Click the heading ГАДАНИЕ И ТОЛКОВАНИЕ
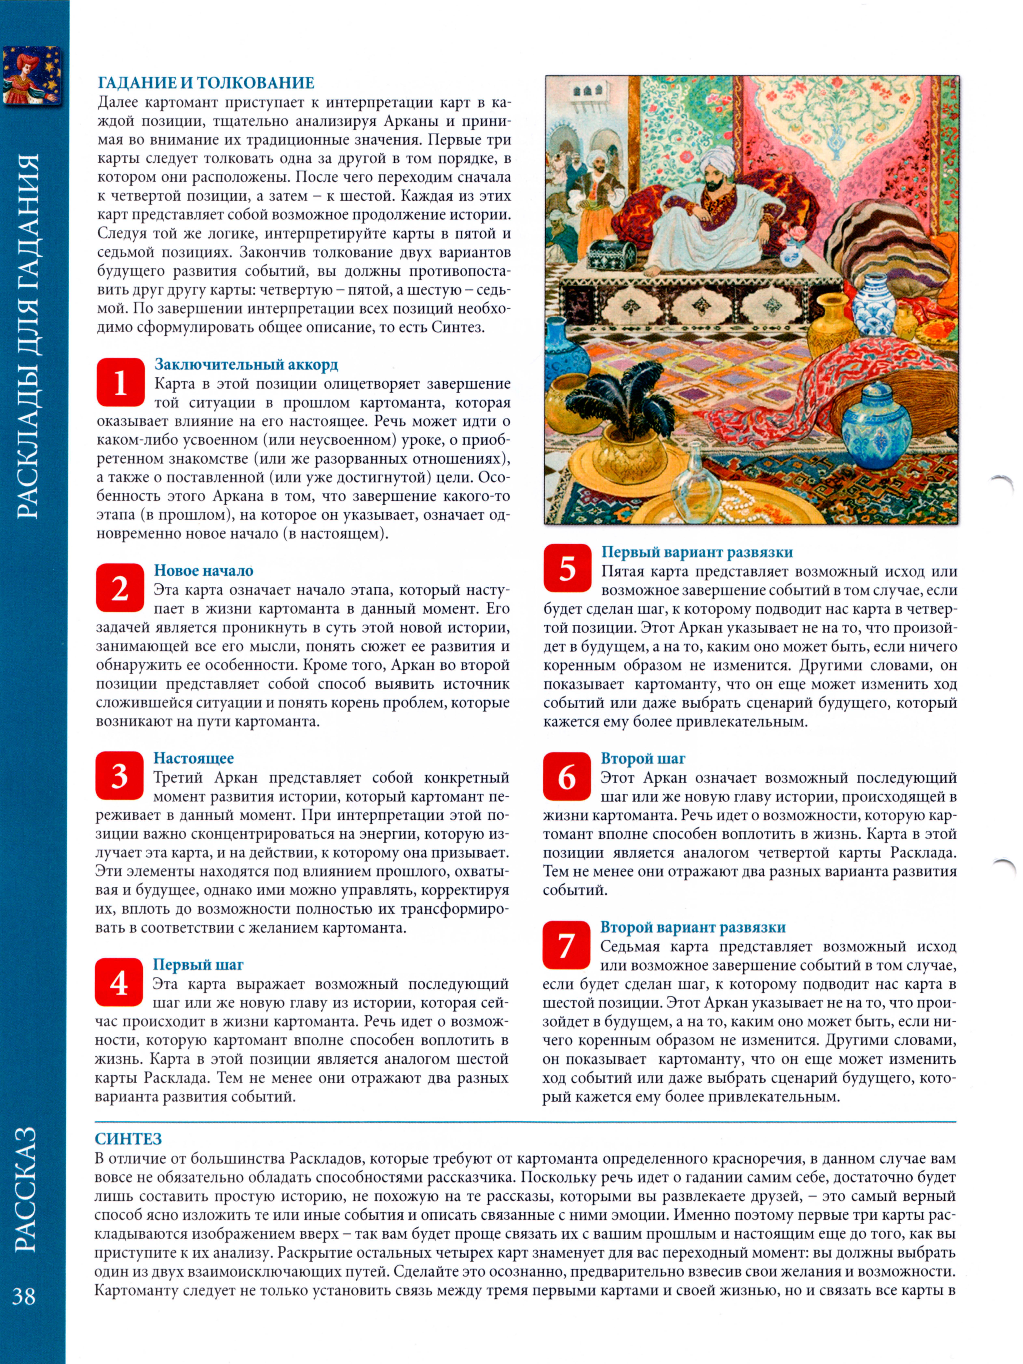click(x=206, y=83)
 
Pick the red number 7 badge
click(x=566, y=945)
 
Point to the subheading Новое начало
click(x=204, y=570)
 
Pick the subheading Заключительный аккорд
click(x=246, y=364)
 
